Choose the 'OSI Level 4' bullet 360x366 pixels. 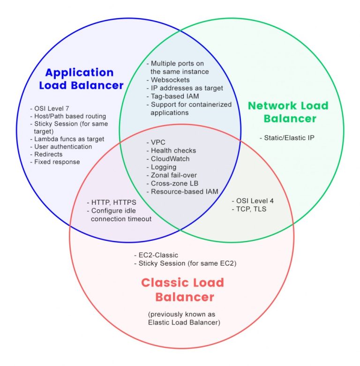(253, 201)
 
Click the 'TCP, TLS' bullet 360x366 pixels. (250, 209)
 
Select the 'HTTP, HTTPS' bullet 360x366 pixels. (112, 202)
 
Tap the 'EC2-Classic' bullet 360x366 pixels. (157, 255)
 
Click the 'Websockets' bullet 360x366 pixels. (169, 80)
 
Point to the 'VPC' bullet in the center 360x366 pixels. (157, 142)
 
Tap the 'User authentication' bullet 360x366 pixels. (62, 146)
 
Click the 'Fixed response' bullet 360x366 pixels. (56, 162)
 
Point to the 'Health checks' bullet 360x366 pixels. (172, 150)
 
